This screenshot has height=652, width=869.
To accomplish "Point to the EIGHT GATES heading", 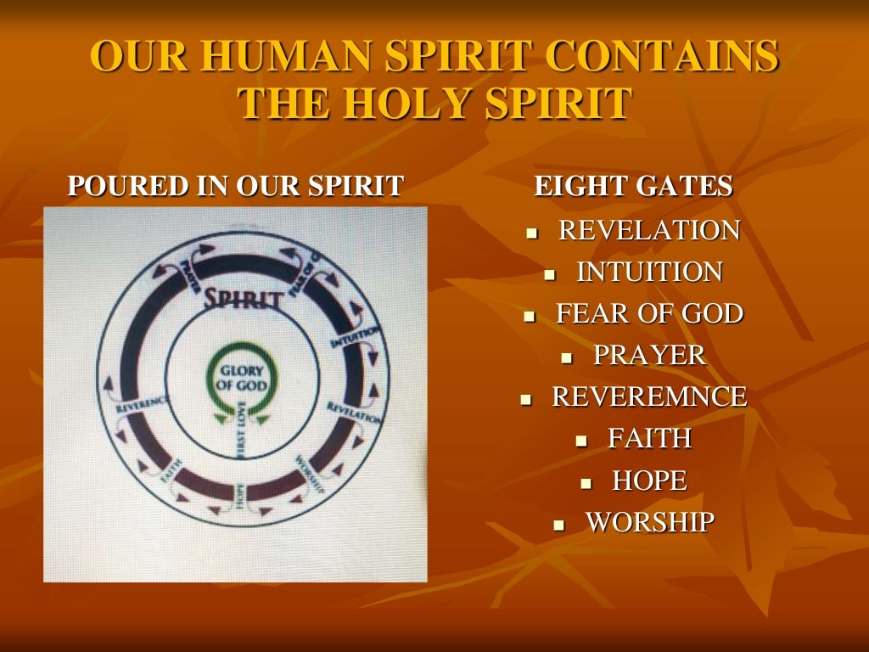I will (633, 186).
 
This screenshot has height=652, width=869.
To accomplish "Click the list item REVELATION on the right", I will (649, 230).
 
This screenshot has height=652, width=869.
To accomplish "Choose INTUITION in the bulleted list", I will (649, 272).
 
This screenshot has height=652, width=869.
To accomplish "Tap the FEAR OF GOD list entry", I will (649, 313).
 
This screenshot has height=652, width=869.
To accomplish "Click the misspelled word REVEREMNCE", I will (649, 396).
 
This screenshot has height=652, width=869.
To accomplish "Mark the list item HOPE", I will (649, 481).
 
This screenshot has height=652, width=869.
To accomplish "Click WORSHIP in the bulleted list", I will (649, 522).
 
